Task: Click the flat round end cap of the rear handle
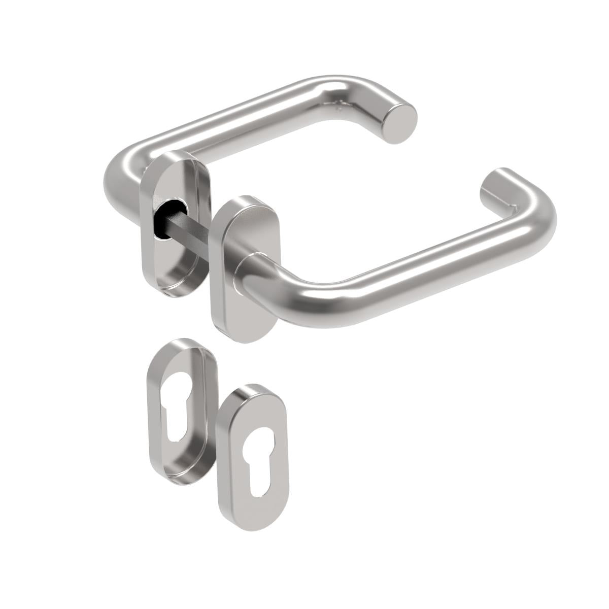point(401,122)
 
